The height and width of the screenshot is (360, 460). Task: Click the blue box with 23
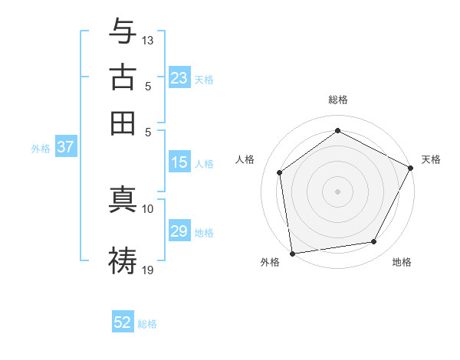pos(179,78)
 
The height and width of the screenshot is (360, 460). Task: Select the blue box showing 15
pos(179,162)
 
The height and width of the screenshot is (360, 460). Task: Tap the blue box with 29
pos(179,231)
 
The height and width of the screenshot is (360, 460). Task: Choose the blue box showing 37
pos(65,148)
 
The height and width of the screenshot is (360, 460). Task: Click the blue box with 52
pos(123,322)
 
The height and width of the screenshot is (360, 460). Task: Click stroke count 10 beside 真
pos(148,208)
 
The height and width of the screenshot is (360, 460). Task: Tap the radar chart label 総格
pos(338,100)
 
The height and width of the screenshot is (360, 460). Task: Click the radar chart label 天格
pos(431,159)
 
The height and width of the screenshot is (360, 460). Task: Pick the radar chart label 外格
pos(270,262)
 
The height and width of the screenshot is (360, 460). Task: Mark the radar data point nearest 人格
pos(280,172)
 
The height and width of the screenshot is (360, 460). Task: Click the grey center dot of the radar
pos(337,191)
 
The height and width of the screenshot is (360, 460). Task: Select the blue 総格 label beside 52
pos(147,324)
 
